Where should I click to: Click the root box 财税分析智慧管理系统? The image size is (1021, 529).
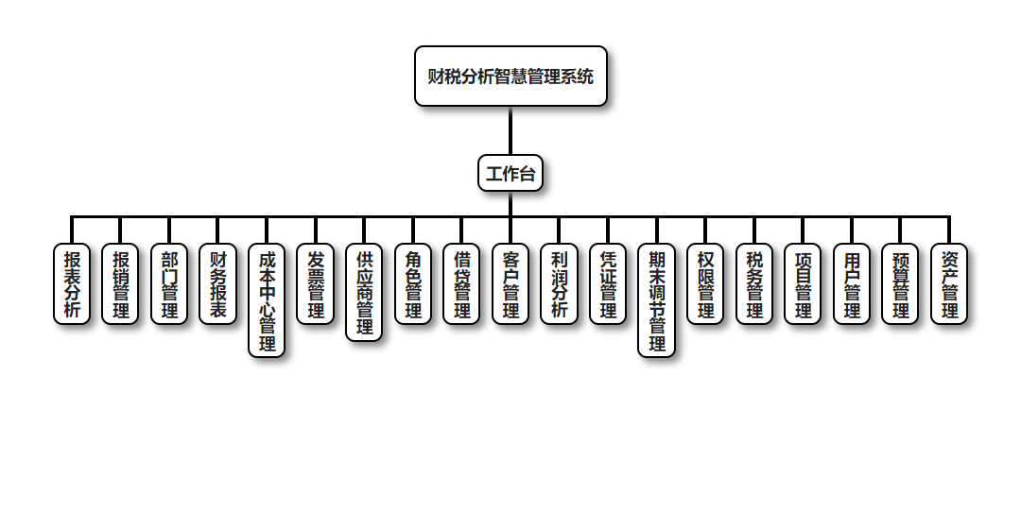510,77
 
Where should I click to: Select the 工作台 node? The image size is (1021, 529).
510,174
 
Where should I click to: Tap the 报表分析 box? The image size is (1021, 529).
72,284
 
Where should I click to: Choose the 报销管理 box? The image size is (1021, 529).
121,284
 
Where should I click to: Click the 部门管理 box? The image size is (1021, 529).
169,284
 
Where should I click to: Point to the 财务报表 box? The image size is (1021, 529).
218,284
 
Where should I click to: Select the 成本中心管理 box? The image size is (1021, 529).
267,300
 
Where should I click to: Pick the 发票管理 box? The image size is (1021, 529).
316,284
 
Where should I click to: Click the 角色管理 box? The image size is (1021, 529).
413,284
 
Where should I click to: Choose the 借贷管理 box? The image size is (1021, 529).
461,284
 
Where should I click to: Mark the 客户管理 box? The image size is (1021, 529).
510,284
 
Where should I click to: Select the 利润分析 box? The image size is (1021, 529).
559,284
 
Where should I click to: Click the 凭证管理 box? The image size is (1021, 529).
608,284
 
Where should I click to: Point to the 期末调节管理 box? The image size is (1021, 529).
657,300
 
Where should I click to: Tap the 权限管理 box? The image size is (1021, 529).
705,284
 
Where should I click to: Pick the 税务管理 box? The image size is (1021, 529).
754,284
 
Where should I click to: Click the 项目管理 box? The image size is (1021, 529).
803,284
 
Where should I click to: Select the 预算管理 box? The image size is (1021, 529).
900,284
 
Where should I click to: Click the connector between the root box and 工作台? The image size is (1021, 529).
510,130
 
